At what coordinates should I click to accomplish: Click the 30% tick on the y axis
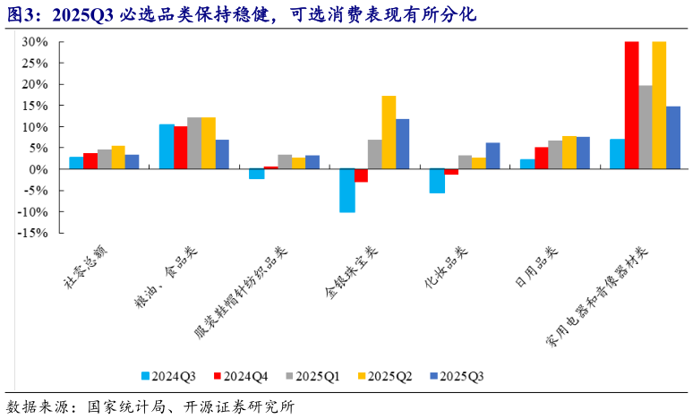pos(35,42)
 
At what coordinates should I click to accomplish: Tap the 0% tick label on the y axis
pos(38,169)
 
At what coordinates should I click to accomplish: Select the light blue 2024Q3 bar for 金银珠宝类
pos(346,191)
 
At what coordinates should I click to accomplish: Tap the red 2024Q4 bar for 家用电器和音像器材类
pos(631,106)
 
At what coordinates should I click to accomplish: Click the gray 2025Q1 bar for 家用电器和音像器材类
pos(645,127)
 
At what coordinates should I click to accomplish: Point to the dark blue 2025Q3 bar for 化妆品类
pos(493,156)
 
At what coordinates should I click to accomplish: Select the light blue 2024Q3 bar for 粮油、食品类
pos(167,147)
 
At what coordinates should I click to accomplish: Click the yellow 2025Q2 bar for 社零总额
pos(118,158)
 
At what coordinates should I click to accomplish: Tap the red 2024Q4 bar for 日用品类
pos(541,158)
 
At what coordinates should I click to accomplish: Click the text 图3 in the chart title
pos(21,15)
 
